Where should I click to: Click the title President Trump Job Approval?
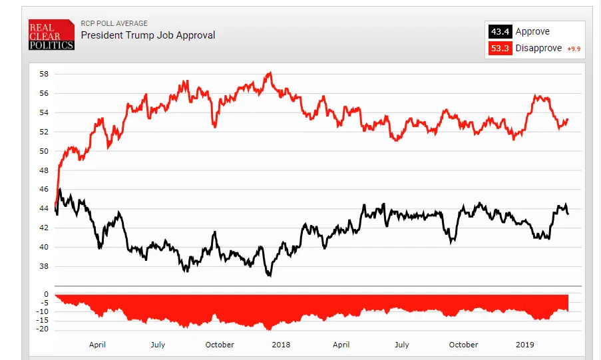pyautogui.click(x=148, y=35)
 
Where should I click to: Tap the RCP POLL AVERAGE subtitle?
pyautogui.click(x=114, y=23)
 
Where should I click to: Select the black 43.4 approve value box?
pyautogui.click(x=499, y=31)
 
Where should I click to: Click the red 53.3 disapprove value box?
pyautogui.click(x=499, y=48)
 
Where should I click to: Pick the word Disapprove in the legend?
pyautogui.click(x=538, y=49)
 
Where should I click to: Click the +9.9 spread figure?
pyautogui.click(x=574, y=49)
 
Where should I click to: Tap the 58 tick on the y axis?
pyautogui.click(x=44, y=74)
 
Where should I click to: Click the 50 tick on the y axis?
pyautogui.click(x=44, y=151)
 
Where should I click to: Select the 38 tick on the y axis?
pyautogui.click(x=44, y=266)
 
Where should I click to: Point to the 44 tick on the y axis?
pyautogui.click(x=44, y=208)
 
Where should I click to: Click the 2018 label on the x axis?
pyautogui.click(x=281, y=345)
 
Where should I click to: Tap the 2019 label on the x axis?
pyautogui.click(x=525, y=345)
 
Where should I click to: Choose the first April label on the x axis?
pyautogui.click(x=97, y=345)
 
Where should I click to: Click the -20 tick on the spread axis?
pyautogui.click(x=43, y=329)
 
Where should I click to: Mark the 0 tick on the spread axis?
pyautogui.click(x=46, y=294)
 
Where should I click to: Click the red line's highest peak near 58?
pyautogui.click(x=269, y=73)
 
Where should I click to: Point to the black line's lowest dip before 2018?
pyautogui.click(x=269, y=275)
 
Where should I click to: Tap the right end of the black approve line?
pyautogui.click(x=568, y=214)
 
